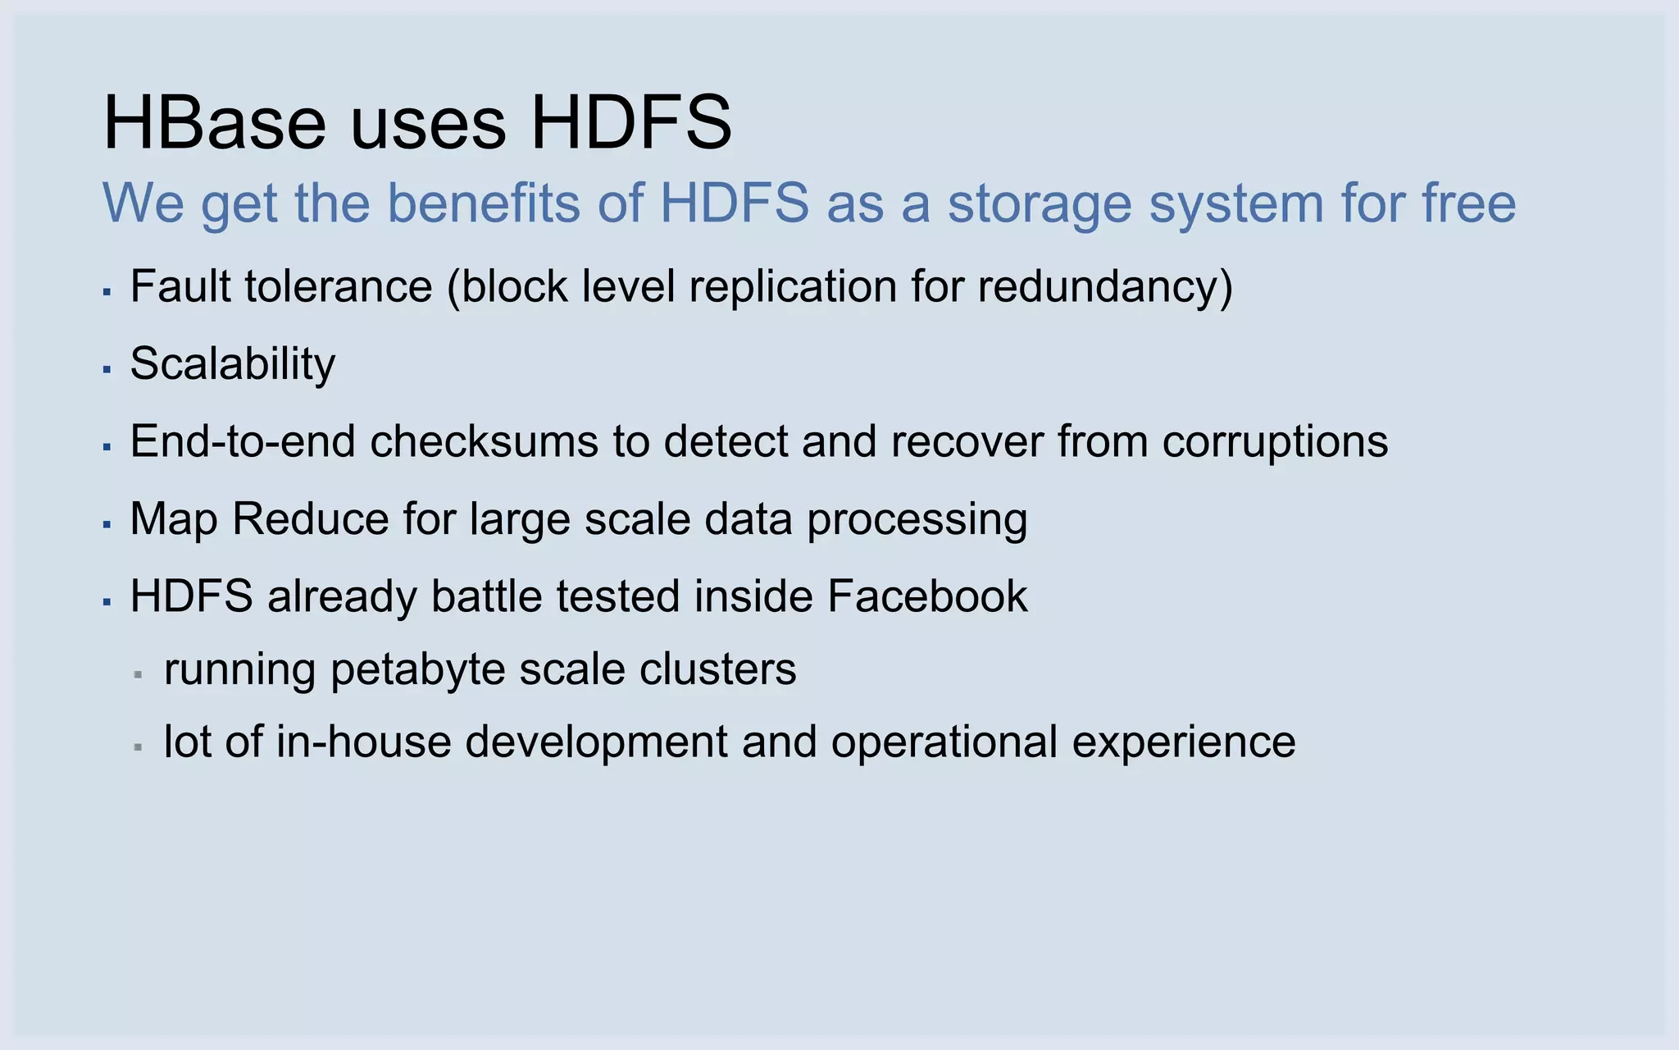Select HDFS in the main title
pyautogui.click(x=630, y=123)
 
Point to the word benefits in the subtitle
pyautogui.click(x=483, y=203)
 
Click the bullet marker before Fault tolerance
pyautogui.click(x=107, y=291)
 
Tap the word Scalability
pyautogui.click(x=233, y=364)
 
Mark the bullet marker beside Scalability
pyautogui.click(x=107, y=369)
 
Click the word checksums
pyautogui.click(x=485, y=441)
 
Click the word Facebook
pyautogui.click(x=926, y=596)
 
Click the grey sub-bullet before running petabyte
pyautogui.click(x=139, y=675)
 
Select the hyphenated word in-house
pyautogui.click(x=363, y=742)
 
